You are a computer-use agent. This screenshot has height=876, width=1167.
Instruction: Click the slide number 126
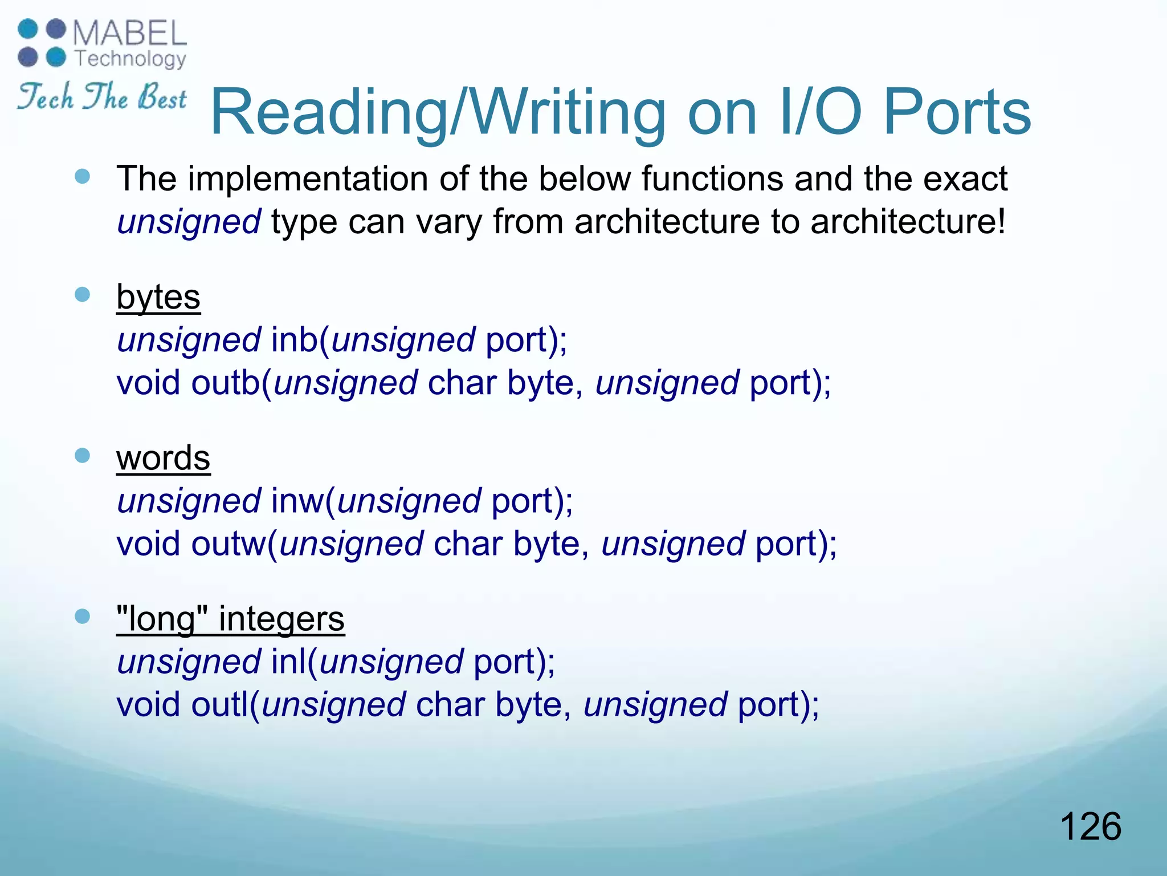click(x=1090, y=826)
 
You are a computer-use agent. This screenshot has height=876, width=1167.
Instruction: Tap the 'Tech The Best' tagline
click(x=101, y=96)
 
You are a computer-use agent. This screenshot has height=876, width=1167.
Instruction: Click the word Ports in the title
click(x=957, y=112)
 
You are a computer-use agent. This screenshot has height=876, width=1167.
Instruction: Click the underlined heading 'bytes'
click(x=158, y=297)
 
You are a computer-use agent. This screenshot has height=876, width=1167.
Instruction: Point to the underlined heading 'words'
click(x=163, y=458)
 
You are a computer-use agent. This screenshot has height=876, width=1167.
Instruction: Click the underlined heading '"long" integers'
click(x=230, y=619)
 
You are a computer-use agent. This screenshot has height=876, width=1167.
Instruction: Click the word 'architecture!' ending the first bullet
click(x=908, y=221)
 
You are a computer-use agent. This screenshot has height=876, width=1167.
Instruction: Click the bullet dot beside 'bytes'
click(x=83, y=295)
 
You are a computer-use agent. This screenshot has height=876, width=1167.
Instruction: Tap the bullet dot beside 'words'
click(x=83, y=456)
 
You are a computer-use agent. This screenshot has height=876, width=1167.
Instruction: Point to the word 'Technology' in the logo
click(x=130, y=59)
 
